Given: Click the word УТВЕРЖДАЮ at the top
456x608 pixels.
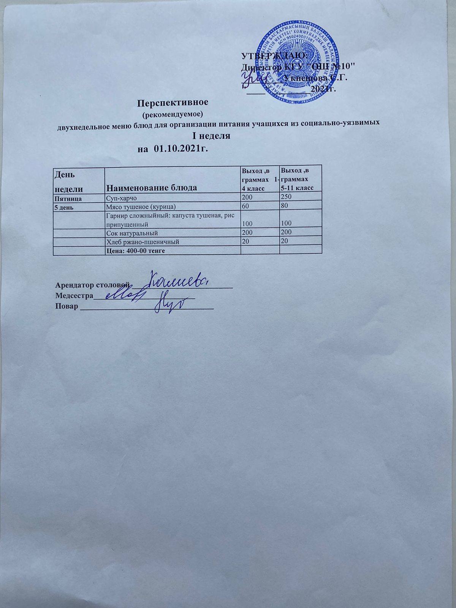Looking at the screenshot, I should [275, 56].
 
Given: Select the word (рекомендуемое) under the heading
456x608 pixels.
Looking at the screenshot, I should [173, 114].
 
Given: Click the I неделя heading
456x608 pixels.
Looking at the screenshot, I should [210, 136].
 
